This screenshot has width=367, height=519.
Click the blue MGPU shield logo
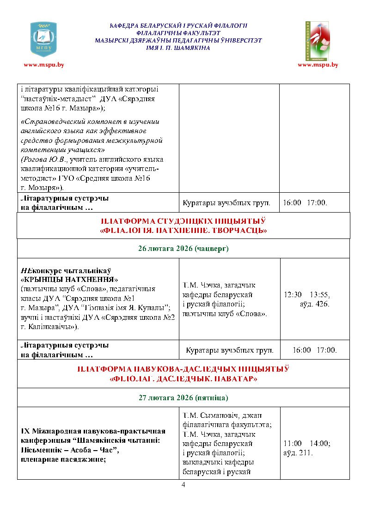coord(43,39)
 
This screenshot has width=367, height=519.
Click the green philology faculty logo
coord(317,41)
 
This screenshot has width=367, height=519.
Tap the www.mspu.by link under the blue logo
coord(44,65)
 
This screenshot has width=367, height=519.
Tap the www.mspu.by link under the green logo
coord(318,65)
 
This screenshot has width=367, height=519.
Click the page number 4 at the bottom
coord(183,485)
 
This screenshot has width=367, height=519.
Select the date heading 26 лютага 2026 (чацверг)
coord(183,249)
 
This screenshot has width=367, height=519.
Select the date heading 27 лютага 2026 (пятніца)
coord(183,397)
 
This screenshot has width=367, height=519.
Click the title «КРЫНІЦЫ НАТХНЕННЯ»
coord(70,280)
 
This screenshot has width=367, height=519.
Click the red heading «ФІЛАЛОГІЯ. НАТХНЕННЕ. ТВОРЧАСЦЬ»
coord(183,230)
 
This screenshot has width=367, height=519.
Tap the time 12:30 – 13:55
coord(306,294)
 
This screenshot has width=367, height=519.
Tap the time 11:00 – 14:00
coord(306,443)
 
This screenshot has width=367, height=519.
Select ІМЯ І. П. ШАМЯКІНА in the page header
coord(178,48)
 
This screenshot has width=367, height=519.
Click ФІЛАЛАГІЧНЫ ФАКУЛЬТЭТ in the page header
coord(178,33)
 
